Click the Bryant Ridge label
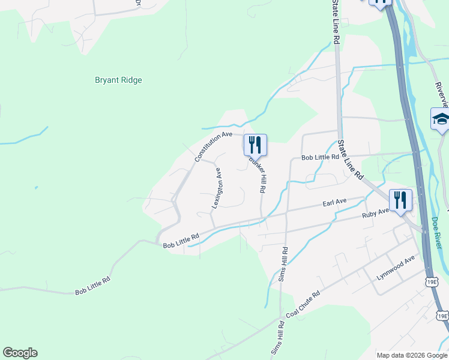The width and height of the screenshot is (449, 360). point(118,80)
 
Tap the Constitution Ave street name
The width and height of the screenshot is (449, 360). point(213,146)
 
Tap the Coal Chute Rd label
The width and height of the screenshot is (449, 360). point(303,305)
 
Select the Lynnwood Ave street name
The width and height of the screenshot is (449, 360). point(396,266)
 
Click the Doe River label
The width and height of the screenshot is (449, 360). point(437,233)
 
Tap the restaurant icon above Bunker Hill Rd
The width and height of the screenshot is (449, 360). point(255,145)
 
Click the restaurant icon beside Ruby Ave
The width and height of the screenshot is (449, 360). point(400,200)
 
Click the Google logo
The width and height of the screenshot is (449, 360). point(20,353)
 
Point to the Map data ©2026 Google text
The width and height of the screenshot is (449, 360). point(412,355)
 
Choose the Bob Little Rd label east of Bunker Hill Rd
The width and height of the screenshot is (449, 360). point(321,157)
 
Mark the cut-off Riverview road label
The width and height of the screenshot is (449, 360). point(442,90)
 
